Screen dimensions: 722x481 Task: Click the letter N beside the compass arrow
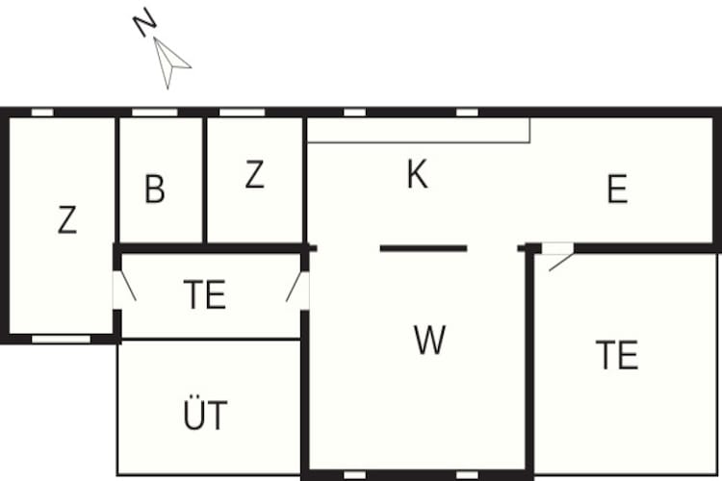click(x=144, y=21)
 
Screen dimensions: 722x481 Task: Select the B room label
click(x=155, y=189)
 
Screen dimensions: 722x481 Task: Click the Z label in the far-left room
click(x=67, y=219)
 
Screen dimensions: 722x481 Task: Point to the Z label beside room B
click(x=255, y=174)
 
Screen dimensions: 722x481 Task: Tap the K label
click(x=417, y=174)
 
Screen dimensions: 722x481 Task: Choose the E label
click(x=617, y=189)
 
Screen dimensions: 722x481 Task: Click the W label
click(x=429, y=340)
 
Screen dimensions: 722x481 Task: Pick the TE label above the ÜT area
click(x=205, y=294)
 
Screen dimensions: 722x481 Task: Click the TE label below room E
click(x=617, y=354)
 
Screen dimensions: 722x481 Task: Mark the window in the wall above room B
click(x=155, y=113)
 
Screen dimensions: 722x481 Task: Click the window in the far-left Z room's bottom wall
click(x=62, y=340)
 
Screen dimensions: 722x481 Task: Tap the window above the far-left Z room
click(x=42, y=113)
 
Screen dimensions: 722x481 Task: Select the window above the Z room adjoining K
click(x=243, y=113)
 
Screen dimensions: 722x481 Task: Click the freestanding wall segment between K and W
click(x=424, y=248)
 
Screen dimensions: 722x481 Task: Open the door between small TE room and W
click(x=297, y=291)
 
